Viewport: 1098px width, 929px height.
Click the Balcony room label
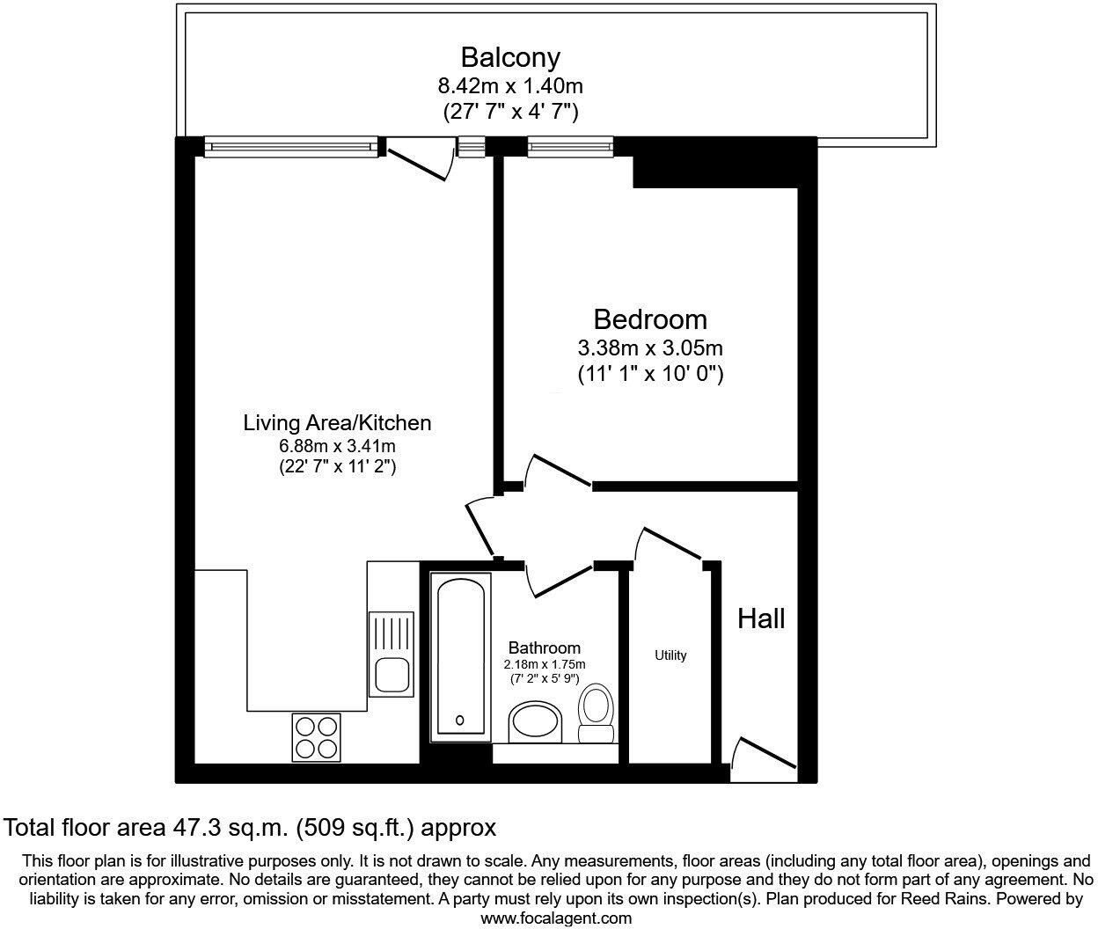coord(510,58)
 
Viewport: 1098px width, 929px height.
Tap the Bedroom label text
coord(649,318)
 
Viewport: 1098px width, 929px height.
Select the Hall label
coord(761,618)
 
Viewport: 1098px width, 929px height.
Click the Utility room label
coord(670,655)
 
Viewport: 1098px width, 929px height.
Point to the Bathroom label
coord(544,648)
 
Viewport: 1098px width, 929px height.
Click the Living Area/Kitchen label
coord(337,423)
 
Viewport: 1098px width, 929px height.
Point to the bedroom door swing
coord(556,471)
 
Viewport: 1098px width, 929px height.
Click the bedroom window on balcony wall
coord(570,145)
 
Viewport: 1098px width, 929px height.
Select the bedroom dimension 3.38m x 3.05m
coord(649,348)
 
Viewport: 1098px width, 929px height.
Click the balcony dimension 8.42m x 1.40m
coord(510,86)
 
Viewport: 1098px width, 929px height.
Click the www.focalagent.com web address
coord(556,918)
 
